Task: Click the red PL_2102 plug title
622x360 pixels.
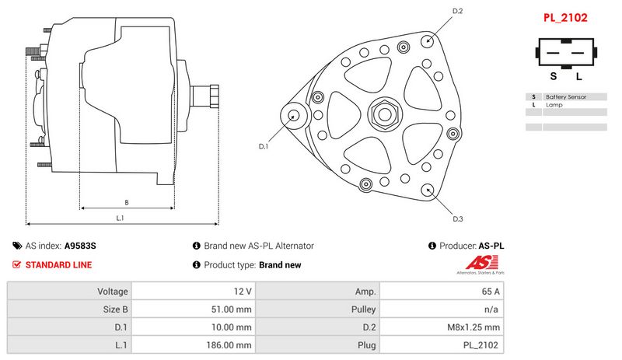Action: pos(565,18)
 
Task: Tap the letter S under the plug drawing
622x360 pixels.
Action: pos(554,76)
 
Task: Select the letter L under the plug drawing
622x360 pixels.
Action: pos(579,76)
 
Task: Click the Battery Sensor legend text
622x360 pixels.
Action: pos(566,97)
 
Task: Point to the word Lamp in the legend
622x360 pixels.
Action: pos(554,105)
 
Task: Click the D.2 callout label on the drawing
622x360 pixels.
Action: pos(457,11)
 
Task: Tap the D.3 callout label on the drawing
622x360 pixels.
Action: pos(458,218)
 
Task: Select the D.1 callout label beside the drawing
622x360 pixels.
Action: pos(264,146)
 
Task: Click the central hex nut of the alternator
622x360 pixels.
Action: pos(385,114)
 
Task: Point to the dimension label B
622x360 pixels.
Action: pos(127,202)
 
